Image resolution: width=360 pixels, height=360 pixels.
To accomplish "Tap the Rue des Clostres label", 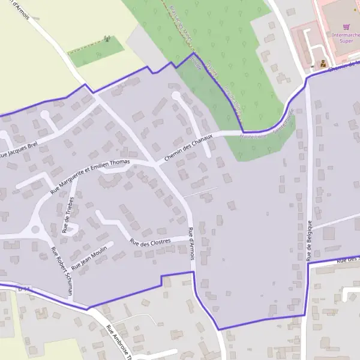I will [150, 241].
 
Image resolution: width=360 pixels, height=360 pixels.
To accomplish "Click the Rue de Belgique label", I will [310, 241].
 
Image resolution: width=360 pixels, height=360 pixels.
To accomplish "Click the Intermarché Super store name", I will [346, 37].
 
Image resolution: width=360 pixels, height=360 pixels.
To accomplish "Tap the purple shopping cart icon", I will [346, 26].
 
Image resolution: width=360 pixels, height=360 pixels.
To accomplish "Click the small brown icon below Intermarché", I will [323, 62].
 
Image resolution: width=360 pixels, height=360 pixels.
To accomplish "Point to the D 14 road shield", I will [24, 290].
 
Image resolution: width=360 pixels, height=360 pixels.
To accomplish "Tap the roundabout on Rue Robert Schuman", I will [35, 229].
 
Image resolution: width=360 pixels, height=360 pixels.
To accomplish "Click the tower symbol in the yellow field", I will [107, 39].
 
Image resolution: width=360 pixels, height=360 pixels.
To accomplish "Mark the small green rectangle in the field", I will [96, 52].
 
